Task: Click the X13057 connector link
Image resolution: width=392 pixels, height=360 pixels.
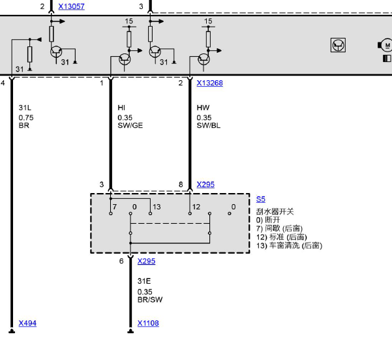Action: (71, 7)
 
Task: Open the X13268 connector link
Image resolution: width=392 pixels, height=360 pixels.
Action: (209, 83)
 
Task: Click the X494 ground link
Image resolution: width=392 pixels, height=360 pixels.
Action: (27, 323)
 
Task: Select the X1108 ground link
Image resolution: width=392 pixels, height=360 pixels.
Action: (148, 323)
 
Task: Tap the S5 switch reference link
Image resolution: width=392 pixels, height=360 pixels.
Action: (260, 200)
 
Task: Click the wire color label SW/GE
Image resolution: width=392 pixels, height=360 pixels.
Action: (130, 125)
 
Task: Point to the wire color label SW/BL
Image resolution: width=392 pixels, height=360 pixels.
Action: (209, 125)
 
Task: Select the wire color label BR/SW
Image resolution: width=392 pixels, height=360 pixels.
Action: (150, 299)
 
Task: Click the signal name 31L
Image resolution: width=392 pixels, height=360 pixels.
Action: (25, 108)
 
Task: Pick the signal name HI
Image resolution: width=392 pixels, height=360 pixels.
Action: (121, 108)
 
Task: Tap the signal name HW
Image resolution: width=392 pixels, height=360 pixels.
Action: (203, 108)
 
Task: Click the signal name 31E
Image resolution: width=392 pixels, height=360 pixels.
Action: (144, 281)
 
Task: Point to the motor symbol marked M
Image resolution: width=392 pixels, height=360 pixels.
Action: (386, 45)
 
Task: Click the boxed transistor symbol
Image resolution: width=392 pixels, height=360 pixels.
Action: (338, 45)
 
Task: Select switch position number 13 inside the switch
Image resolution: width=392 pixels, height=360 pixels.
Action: (157, 207)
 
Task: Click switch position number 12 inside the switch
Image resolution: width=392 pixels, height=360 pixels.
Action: (196, 207)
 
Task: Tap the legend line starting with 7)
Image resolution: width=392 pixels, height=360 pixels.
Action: (279, 228)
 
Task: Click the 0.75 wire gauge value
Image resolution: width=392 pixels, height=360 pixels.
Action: (26, 117)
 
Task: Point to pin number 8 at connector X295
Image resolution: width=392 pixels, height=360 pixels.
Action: (181, 185)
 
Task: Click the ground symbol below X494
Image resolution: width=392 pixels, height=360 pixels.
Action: (12, 331)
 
